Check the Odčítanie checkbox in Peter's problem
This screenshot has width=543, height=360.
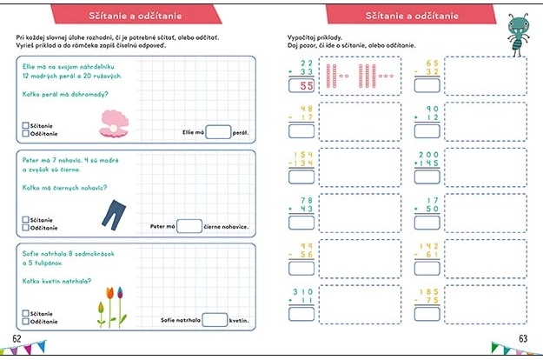24,230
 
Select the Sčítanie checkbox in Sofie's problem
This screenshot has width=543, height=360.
24,312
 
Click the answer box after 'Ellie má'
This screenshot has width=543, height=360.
218,132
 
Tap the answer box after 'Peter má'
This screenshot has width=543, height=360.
189,226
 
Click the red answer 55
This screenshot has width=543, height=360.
304,86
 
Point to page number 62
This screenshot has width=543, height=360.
17,337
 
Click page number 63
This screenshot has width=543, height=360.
523,338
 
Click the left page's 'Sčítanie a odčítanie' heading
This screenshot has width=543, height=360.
131,17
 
